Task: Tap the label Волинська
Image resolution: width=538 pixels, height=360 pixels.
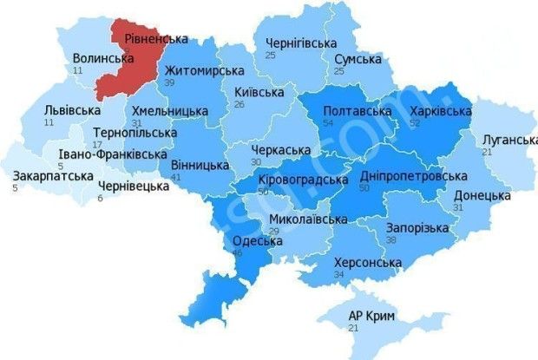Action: click(x=103, y=58)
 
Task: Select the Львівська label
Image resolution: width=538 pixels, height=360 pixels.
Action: click(x=73, y=111)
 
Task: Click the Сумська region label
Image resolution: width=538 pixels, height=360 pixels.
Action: click(x=358, y=59)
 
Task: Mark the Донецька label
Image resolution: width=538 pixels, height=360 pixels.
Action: click(x=482, y=195)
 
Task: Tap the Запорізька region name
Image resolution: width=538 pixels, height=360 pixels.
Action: click(x=417, y=227)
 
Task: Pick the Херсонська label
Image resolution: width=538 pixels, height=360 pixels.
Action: click(x=368, y=263)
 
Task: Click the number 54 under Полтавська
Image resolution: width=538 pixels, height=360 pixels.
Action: click(x=328, y=125)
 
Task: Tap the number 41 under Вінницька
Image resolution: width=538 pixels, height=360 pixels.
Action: click(x=177, y=177)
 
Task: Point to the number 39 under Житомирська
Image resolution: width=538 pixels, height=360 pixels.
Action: click(x=170, y=82)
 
